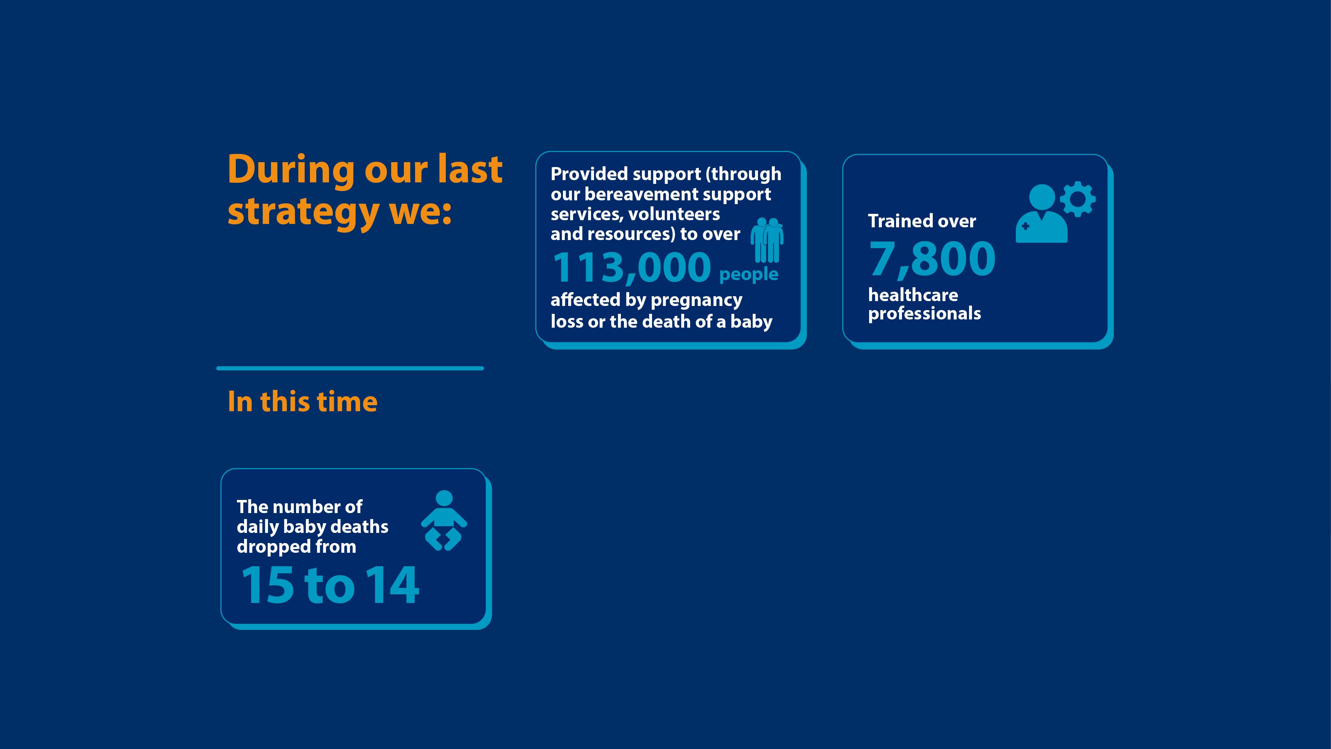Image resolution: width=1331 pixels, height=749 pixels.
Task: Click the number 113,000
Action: pos(632,268)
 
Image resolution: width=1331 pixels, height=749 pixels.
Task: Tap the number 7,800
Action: pos(932,258)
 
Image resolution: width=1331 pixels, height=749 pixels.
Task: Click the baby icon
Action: pos(444,521)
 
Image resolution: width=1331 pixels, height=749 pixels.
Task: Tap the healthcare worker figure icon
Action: pos(1042,213)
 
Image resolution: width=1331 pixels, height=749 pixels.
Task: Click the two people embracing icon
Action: pos(767,240)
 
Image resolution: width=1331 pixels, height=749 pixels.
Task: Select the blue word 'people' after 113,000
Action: pos(749,275)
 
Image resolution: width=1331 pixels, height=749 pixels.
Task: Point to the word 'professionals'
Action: pos(925,314)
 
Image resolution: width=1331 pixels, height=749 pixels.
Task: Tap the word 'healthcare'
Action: pos(913,295)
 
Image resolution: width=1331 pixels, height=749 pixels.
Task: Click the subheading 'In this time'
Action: pos(303,401)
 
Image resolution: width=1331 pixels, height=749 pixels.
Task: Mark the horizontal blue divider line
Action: pos(350,369)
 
